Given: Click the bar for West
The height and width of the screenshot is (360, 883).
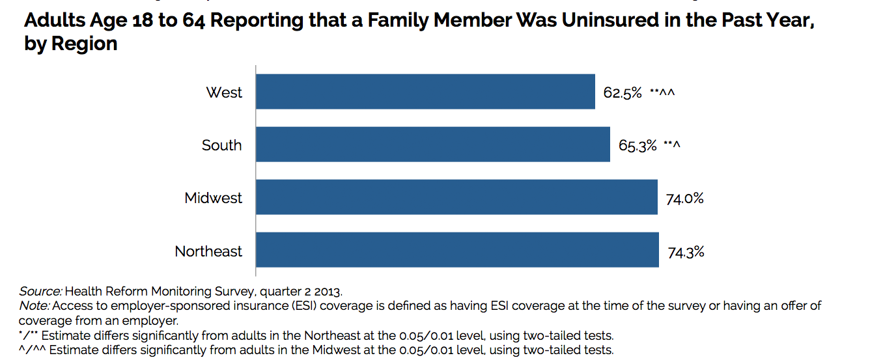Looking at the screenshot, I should coord(425,91).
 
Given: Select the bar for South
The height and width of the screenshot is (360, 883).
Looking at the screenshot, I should coord(433,145).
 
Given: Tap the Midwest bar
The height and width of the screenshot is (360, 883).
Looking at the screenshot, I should coord(456,197).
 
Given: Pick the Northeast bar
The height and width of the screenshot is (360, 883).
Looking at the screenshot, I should coord(457,250).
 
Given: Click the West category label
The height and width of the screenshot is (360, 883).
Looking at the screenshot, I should coord(224,92).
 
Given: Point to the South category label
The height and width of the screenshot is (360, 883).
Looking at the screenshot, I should coord(221,145).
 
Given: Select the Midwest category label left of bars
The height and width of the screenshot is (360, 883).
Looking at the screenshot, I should coord(213,198).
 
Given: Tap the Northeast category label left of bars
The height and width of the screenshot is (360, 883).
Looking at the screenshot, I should coord(208,251).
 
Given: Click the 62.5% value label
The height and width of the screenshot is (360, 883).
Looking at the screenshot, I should coord(623,93).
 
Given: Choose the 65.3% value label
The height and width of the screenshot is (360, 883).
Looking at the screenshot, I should coord(638,146).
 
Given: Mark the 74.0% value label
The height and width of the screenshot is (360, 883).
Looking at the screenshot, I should coord(684,199).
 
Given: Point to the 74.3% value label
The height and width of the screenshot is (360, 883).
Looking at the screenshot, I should coord(686,252).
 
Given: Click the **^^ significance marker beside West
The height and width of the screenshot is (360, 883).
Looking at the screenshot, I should coord(662,93).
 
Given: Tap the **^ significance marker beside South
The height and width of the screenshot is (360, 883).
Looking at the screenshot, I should coord(672,145).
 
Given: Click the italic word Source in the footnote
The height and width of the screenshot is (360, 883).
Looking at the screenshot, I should coord(40,291).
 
